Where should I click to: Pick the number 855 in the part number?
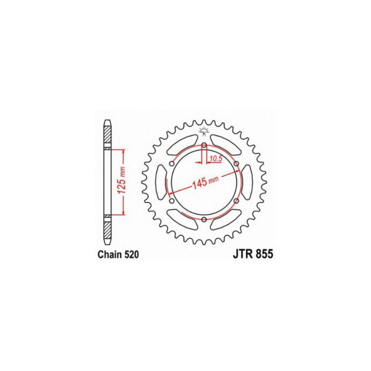pyautogui.click(x=265, y=254)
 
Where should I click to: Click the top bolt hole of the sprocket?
pyautogui.click(x=204, y=145)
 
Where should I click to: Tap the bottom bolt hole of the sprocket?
pyautogui.click(x=204, y=220)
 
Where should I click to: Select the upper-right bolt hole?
pyautogui.click(x=236, y=164)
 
